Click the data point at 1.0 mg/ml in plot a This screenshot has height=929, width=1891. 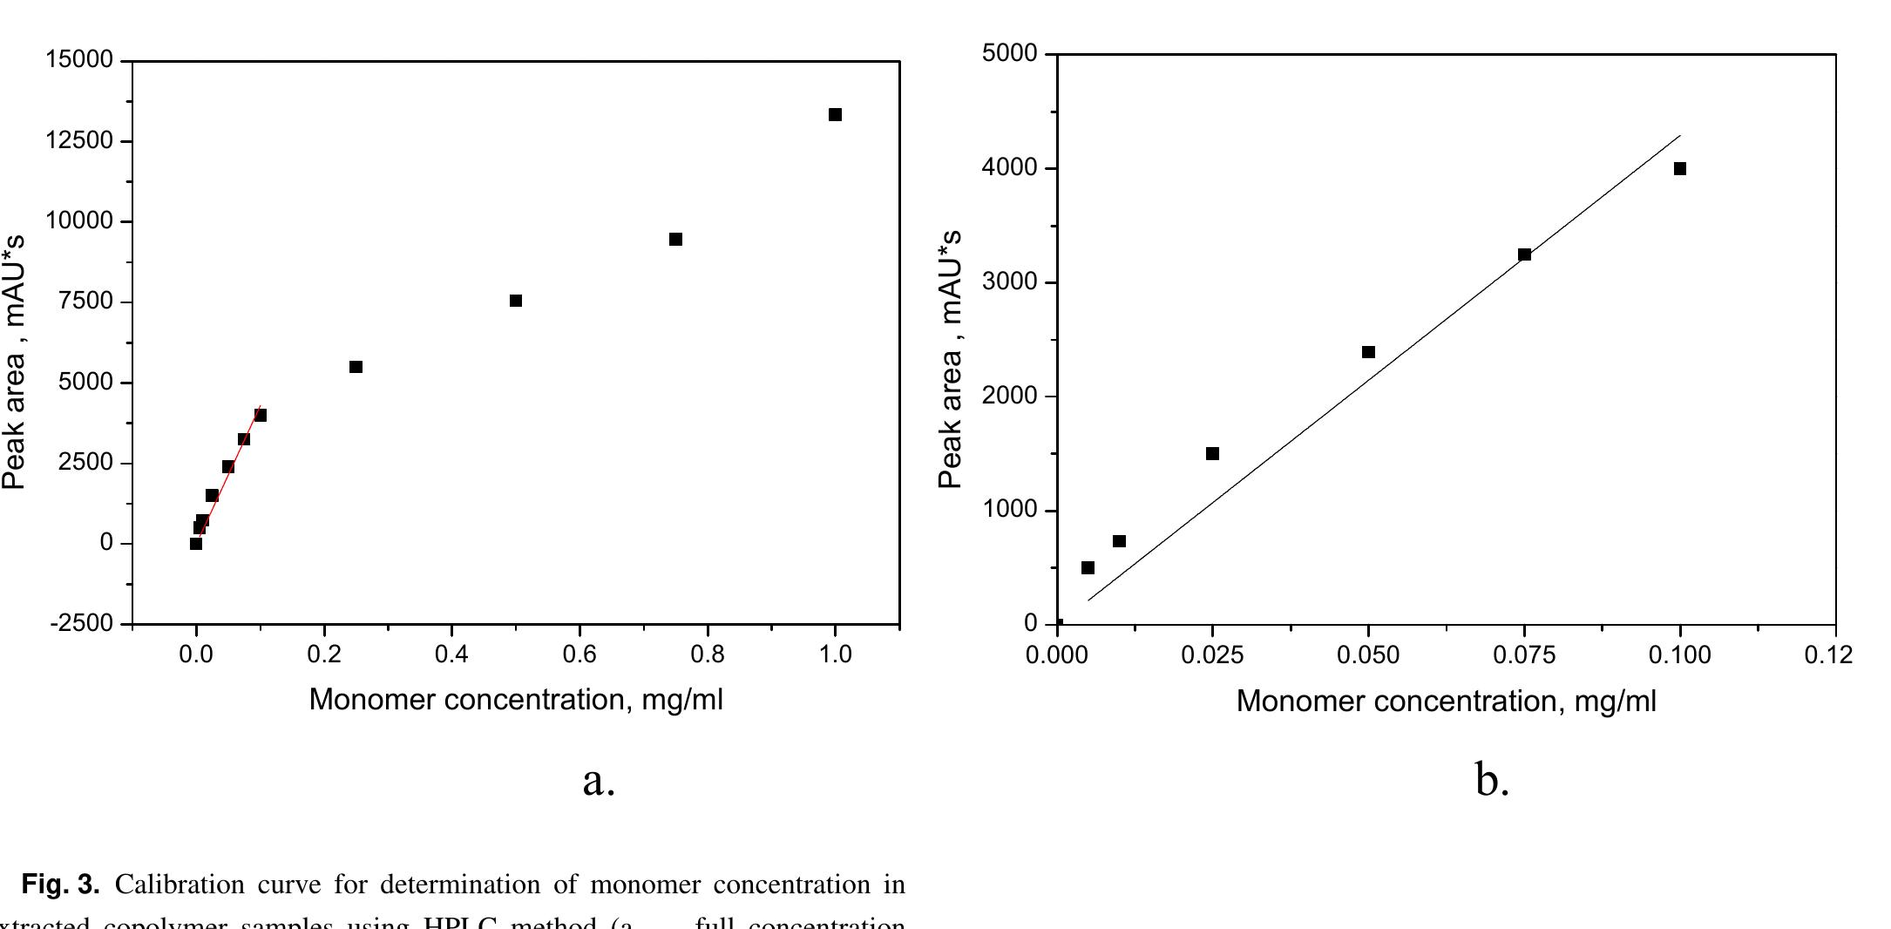(x=835, y=115)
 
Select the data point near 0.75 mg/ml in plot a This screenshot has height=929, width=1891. (x=675, y=240)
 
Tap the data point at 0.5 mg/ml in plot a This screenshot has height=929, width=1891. (x=516, y=301)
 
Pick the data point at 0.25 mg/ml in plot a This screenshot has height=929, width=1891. (x=356, y=367)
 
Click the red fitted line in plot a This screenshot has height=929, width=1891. (x=236, y=452)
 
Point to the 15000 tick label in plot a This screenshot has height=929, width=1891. (x=79, y=60)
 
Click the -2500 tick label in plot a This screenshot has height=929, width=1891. (x=82, y=624)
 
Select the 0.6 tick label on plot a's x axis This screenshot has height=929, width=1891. (x=579, y=654)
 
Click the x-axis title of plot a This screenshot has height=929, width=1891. (x=516, y=700)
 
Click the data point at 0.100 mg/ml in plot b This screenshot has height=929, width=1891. (x=1680, y=169)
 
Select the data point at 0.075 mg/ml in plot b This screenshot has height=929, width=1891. (x=1524, y=254)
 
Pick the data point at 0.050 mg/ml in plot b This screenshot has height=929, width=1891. (x=1368, y=352)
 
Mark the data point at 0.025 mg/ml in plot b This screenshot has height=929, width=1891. (x=1212, y=453)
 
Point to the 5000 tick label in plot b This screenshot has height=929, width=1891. (x=1010, y=54)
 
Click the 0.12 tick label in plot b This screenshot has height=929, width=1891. (x=1828, y=654)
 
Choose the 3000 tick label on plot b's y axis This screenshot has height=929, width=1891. (x=1010, y=282)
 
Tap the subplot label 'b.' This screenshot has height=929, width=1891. (x=1492, y=779)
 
